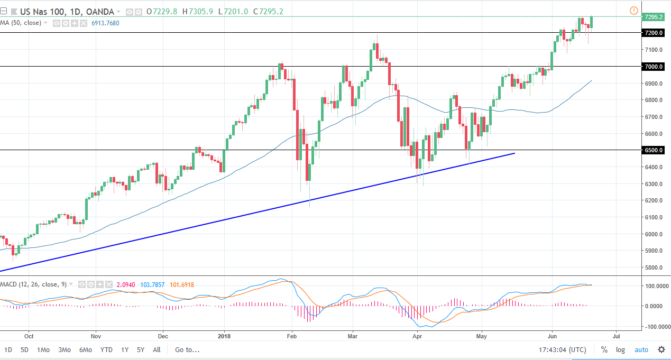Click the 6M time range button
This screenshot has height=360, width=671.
point(85,349)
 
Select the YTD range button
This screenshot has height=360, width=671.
point(106,349)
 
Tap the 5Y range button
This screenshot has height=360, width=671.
point(141,349)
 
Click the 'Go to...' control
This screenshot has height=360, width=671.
point(187,349)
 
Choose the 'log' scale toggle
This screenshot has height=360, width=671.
point(620,349)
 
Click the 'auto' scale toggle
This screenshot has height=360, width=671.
point(641,349)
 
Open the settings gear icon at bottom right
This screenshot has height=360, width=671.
point(661,349)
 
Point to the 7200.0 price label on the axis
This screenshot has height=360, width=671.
point(654,33)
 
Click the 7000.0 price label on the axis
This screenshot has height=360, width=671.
point(654,67)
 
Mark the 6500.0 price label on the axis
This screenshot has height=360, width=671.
point(654,150)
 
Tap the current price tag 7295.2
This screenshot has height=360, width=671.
point(654,17)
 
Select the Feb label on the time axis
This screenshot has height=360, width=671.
point(291,335)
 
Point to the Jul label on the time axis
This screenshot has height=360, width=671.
point(616,335)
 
